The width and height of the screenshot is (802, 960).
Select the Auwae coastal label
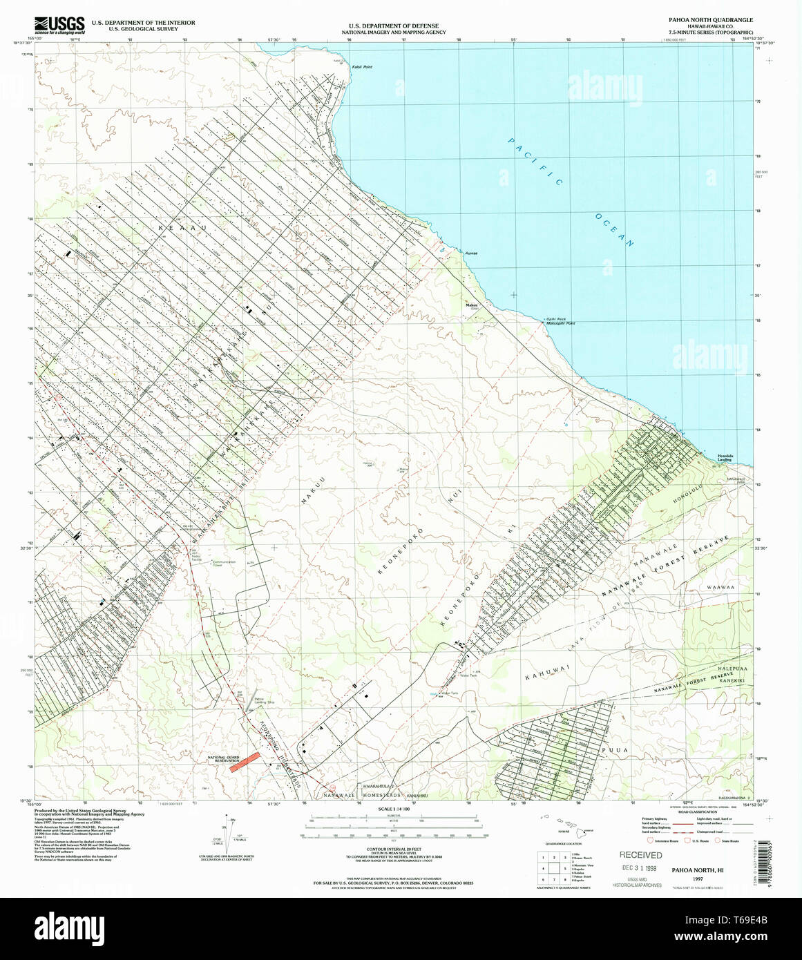pos(471,253)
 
